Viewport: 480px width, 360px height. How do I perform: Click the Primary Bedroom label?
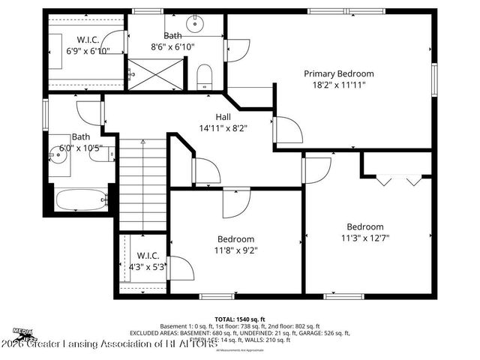point(338,73)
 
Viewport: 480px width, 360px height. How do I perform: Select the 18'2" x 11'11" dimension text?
point(338,86)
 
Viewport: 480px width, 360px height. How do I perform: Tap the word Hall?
point(223,117)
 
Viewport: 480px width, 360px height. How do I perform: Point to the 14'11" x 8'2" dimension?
point(223,128)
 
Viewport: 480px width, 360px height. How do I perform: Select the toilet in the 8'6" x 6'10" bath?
point(203,76)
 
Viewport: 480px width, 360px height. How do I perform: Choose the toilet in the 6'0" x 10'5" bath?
point(109,151)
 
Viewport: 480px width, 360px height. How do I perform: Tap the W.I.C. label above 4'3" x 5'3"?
point(147,254)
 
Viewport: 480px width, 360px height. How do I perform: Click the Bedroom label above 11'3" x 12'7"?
point(364,226)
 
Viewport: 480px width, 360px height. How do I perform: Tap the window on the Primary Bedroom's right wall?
point(434,78)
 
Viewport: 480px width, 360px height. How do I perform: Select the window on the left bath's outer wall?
point(46,114)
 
